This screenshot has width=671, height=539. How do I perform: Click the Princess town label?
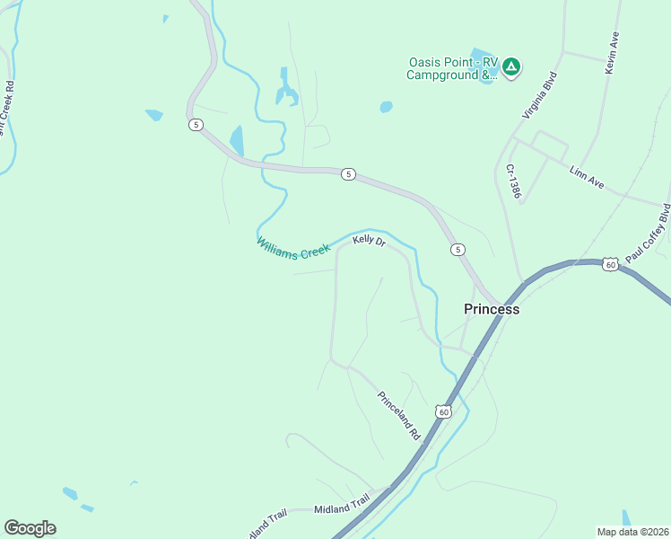click(x=492, y=309)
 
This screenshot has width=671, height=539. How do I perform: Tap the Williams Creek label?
click(x=293, y=248)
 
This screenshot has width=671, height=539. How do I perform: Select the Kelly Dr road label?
click(x=369, y=241)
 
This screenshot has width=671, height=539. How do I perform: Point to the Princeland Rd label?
click(x=399, y=414)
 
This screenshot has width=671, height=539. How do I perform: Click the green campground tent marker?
click(x=511, y=66)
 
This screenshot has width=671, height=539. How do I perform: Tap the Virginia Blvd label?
click(x=541, y=95)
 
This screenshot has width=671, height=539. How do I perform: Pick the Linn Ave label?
click(x=587, y=176)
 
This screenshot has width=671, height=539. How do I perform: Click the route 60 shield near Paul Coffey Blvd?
click(x=610, y=264)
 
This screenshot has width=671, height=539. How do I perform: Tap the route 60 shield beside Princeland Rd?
click(x=442, y=411)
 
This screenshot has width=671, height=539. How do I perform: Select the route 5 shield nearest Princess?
click(x=458, y=249)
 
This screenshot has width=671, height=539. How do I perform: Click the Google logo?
click(x=30, y=528)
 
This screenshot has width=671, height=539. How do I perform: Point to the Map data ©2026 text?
click(x=632, y=532)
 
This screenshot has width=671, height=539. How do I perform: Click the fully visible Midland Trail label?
click(x=342, y=509)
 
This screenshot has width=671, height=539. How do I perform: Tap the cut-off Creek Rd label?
click(x=7, y=108)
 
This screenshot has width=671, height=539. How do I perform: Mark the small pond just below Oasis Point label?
click(x=386, y=107)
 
